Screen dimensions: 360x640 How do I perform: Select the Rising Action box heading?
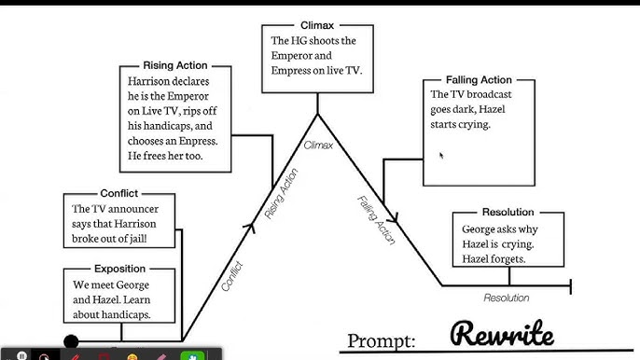coord(175,66)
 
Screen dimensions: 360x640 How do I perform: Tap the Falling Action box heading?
coord(479,80)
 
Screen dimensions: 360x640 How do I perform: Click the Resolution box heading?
coord(508,213)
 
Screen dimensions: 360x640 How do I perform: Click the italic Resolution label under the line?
coord(507,298)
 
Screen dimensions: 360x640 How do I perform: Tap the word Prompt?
coord(383,339)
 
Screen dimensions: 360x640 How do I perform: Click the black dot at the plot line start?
coord(71,342)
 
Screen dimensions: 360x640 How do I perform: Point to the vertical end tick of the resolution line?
coord(570,285)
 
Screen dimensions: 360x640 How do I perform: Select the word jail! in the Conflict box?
coord(160,240)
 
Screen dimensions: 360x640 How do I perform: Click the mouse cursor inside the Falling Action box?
coord(440,155)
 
